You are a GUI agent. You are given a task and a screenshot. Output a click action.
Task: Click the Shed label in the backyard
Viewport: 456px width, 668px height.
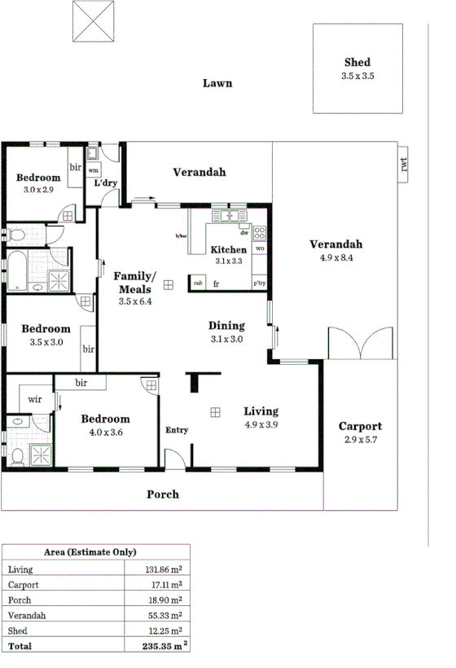pyautogui.click(x=357, y=63)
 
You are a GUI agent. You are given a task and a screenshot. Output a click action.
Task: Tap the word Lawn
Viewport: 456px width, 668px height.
pyautogui.click(x=217, y=83)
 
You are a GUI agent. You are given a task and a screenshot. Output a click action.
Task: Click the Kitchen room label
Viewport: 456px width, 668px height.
pyautogui.click(x=229, y=250)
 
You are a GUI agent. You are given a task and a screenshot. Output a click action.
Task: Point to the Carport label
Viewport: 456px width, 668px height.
pyautogui.click(x=360, y=426)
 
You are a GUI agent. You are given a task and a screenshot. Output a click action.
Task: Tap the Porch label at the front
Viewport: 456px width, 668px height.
pyautogui.click(x=163, y=494)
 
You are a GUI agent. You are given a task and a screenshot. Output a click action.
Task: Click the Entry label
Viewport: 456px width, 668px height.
pyautogui.click(x=177, y=430)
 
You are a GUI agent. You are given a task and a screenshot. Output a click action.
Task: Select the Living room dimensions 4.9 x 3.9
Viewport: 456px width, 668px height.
pyautogui.click(x=261, y=424)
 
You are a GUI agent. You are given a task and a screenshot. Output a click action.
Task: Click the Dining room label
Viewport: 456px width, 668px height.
pyautogui.click(x=226, y=324)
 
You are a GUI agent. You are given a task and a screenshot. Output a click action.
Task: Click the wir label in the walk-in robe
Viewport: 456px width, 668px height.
pyautogui.click(x=35, y=399)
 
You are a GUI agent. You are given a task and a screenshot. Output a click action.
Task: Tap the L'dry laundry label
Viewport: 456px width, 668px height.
pyautogui.click(x=106, y=183)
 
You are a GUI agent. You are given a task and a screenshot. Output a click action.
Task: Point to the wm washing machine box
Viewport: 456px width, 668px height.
pyautogui.click(x=93, y=170)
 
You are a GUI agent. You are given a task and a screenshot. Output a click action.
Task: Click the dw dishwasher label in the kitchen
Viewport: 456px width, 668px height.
pyautogui.click(x=243, y=233)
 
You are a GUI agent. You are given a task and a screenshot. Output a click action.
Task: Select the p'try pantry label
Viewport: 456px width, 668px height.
pyautogui.click(x=259, y=283)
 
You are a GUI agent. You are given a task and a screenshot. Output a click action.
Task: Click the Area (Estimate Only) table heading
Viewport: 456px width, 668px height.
pyautogui.click(x=96, y=552)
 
